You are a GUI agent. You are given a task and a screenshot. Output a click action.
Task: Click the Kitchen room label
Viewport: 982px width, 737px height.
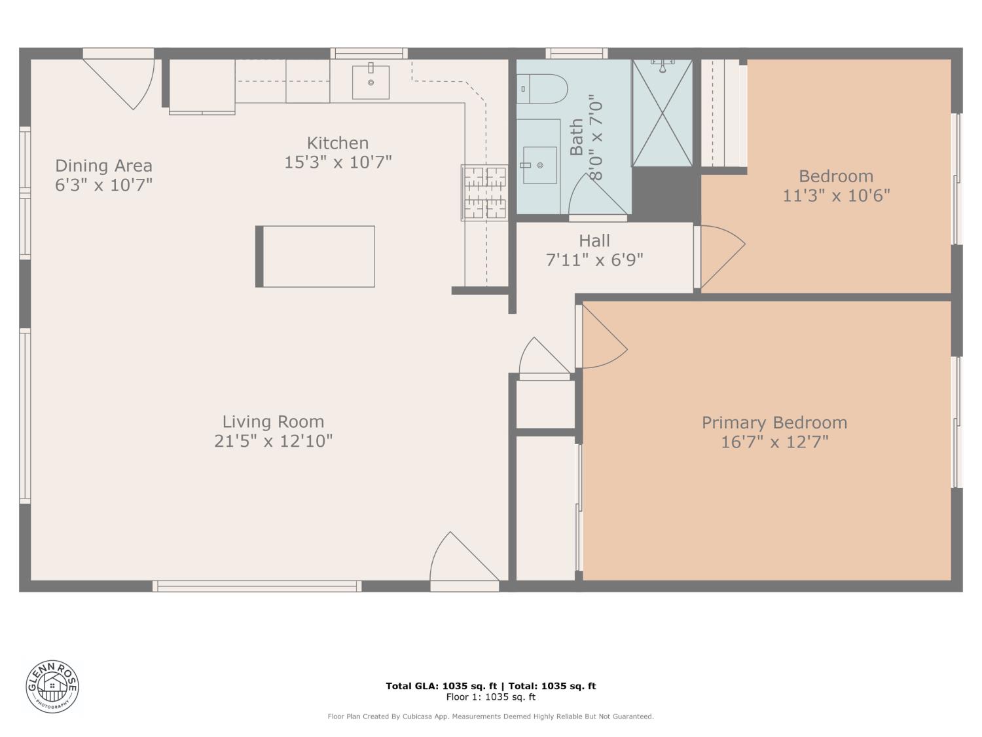coord(338,143)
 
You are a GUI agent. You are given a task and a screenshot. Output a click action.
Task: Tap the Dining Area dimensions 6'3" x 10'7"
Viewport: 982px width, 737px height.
coord(103,185)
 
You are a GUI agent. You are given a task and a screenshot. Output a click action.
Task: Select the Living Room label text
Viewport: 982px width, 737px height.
coord(273,422)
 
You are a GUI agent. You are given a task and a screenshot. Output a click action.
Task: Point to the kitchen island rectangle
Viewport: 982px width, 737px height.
coord(316,256)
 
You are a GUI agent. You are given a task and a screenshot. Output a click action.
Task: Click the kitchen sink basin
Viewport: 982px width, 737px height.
coord(371,82)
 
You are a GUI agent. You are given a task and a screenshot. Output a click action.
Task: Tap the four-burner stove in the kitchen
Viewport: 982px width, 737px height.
coord(484,193)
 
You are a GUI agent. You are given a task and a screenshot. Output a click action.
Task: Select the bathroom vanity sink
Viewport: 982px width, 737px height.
coord(539,165)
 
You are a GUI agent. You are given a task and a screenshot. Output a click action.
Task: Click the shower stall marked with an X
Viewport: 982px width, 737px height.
coord(662,113)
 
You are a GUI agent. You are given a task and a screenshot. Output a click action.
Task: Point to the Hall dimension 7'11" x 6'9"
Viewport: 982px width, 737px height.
coord(594,260)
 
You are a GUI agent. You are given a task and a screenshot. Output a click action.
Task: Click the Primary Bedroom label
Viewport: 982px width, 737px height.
coord(774,423)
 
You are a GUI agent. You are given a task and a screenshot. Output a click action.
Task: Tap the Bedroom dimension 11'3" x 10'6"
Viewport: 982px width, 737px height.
coord(836,195)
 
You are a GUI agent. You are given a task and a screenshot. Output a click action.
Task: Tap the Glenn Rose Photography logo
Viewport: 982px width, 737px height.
coord(52,686)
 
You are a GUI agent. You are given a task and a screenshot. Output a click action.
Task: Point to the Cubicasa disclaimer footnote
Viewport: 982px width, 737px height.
coord(490,716)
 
